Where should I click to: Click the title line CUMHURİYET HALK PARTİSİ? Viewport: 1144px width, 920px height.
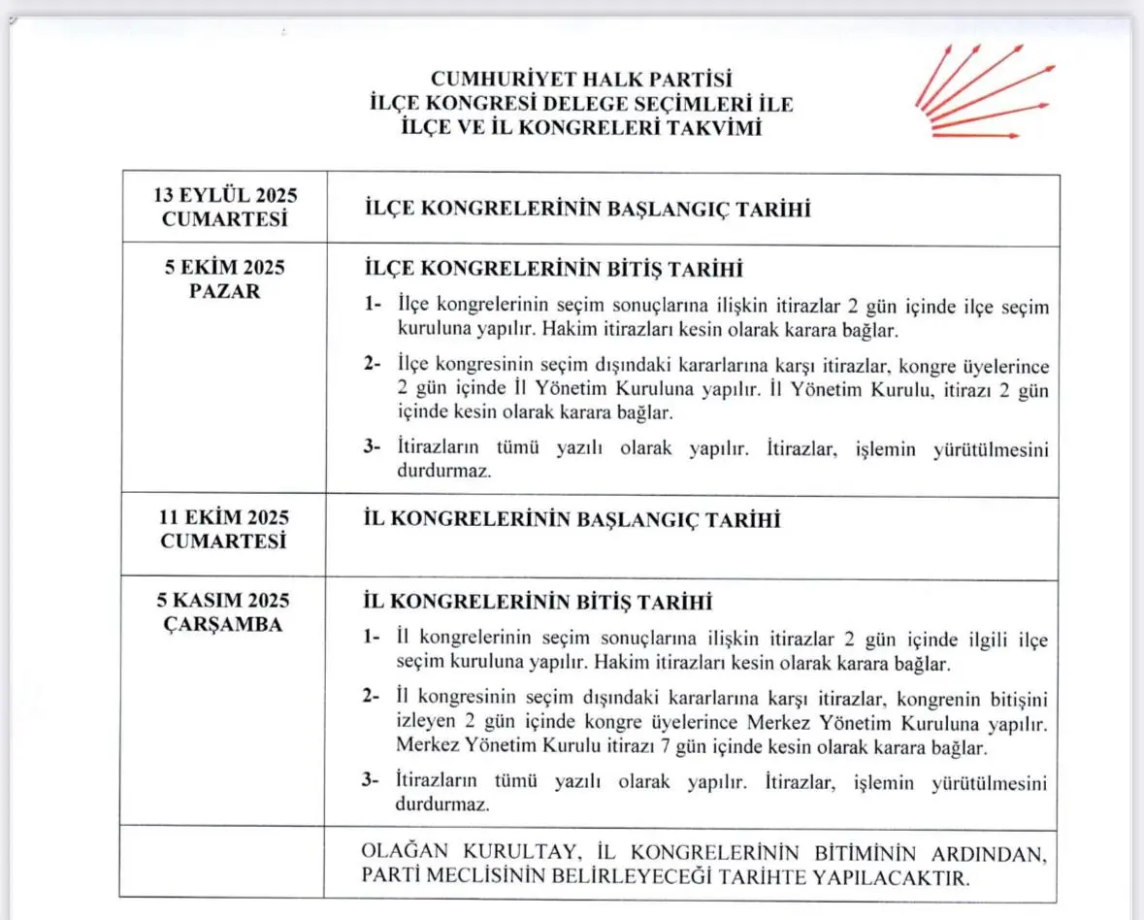580,78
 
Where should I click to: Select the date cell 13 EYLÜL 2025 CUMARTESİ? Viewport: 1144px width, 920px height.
224,207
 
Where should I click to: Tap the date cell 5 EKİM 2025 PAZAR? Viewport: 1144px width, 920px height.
224,279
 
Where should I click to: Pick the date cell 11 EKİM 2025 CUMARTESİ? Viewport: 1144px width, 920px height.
224,530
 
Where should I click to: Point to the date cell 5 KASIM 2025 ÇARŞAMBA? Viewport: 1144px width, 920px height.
224,612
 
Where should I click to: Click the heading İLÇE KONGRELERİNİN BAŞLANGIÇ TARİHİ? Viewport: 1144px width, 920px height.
587,210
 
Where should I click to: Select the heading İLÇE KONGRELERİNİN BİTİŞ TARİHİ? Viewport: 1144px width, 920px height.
553,268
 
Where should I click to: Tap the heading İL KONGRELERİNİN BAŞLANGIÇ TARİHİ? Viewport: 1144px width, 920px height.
572,520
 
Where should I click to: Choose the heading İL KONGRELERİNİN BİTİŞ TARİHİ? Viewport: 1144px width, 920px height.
538,603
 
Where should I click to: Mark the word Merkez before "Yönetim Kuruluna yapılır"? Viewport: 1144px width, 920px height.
783,724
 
